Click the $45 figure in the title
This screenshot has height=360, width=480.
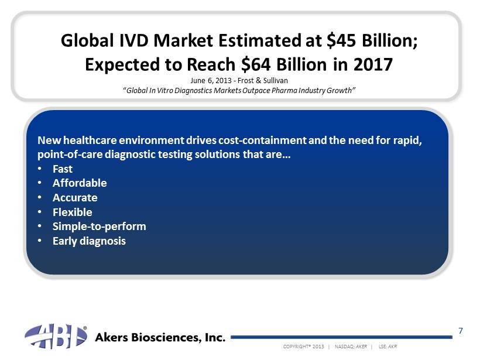pos(341,40)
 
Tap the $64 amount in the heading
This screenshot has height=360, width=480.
pos(256,64)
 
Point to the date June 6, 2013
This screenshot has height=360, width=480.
pos(211,81)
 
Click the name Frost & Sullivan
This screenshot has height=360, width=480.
pos(263,81)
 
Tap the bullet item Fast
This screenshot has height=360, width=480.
pos(63,169)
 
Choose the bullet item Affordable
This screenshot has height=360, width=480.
pos(80,183)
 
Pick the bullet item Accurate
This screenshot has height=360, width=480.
pos(75,198)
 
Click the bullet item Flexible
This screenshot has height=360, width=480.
pos(72,212)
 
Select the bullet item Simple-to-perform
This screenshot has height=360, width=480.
pos(99,227)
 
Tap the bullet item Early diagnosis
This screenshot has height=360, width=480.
pos(89,241)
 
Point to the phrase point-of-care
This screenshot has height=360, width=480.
pos(70,155)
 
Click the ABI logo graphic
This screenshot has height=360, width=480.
pos(56,336)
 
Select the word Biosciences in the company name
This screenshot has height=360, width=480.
pos(161,337)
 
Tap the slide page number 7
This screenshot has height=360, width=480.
pos(461,331)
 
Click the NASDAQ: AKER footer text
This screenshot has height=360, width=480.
pos(351,347)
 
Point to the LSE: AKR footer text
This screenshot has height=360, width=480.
pos(388,347)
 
